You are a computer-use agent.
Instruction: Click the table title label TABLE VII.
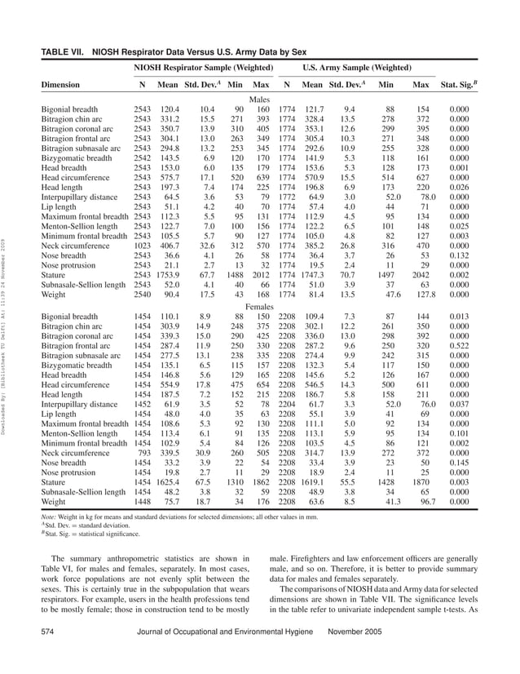point(64,51)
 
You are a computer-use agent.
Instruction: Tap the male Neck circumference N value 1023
point(143,243)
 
